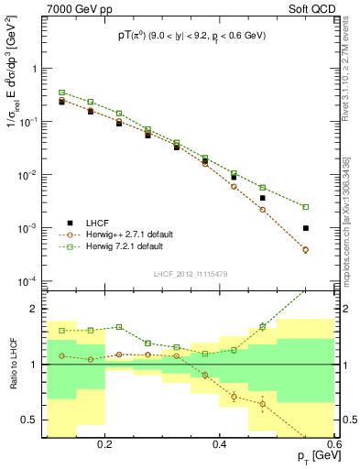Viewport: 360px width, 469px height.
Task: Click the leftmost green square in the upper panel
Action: (x=61, y=93)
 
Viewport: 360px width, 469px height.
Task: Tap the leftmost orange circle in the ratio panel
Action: (x=61, y=355)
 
